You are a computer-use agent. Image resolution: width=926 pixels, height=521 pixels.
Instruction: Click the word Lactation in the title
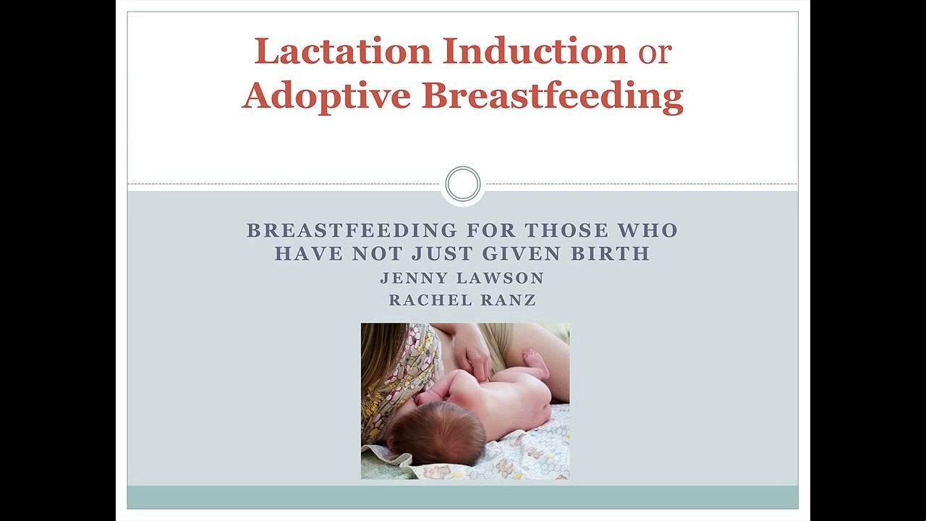coord(343,51)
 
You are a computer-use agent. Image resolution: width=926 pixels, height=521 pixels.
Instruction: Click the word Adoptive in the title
coord(326,97)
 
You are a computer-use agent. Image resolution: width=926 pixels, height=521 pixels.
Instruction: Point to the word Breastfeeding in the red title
coord(552,97)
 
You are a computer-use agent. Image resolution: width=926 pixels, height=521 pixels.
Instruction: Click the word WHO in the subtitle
coord(647,230)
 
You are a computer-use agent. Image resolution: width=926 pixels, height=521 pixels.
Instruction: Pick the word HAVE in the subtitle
coord(309,253)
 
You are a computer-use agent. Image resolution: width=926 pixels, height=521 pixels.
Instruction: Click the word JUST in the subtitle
coord(442,253)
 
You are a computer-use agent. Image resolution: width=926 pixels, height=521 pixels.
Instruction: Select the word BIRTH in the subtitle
coord(611,253)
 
